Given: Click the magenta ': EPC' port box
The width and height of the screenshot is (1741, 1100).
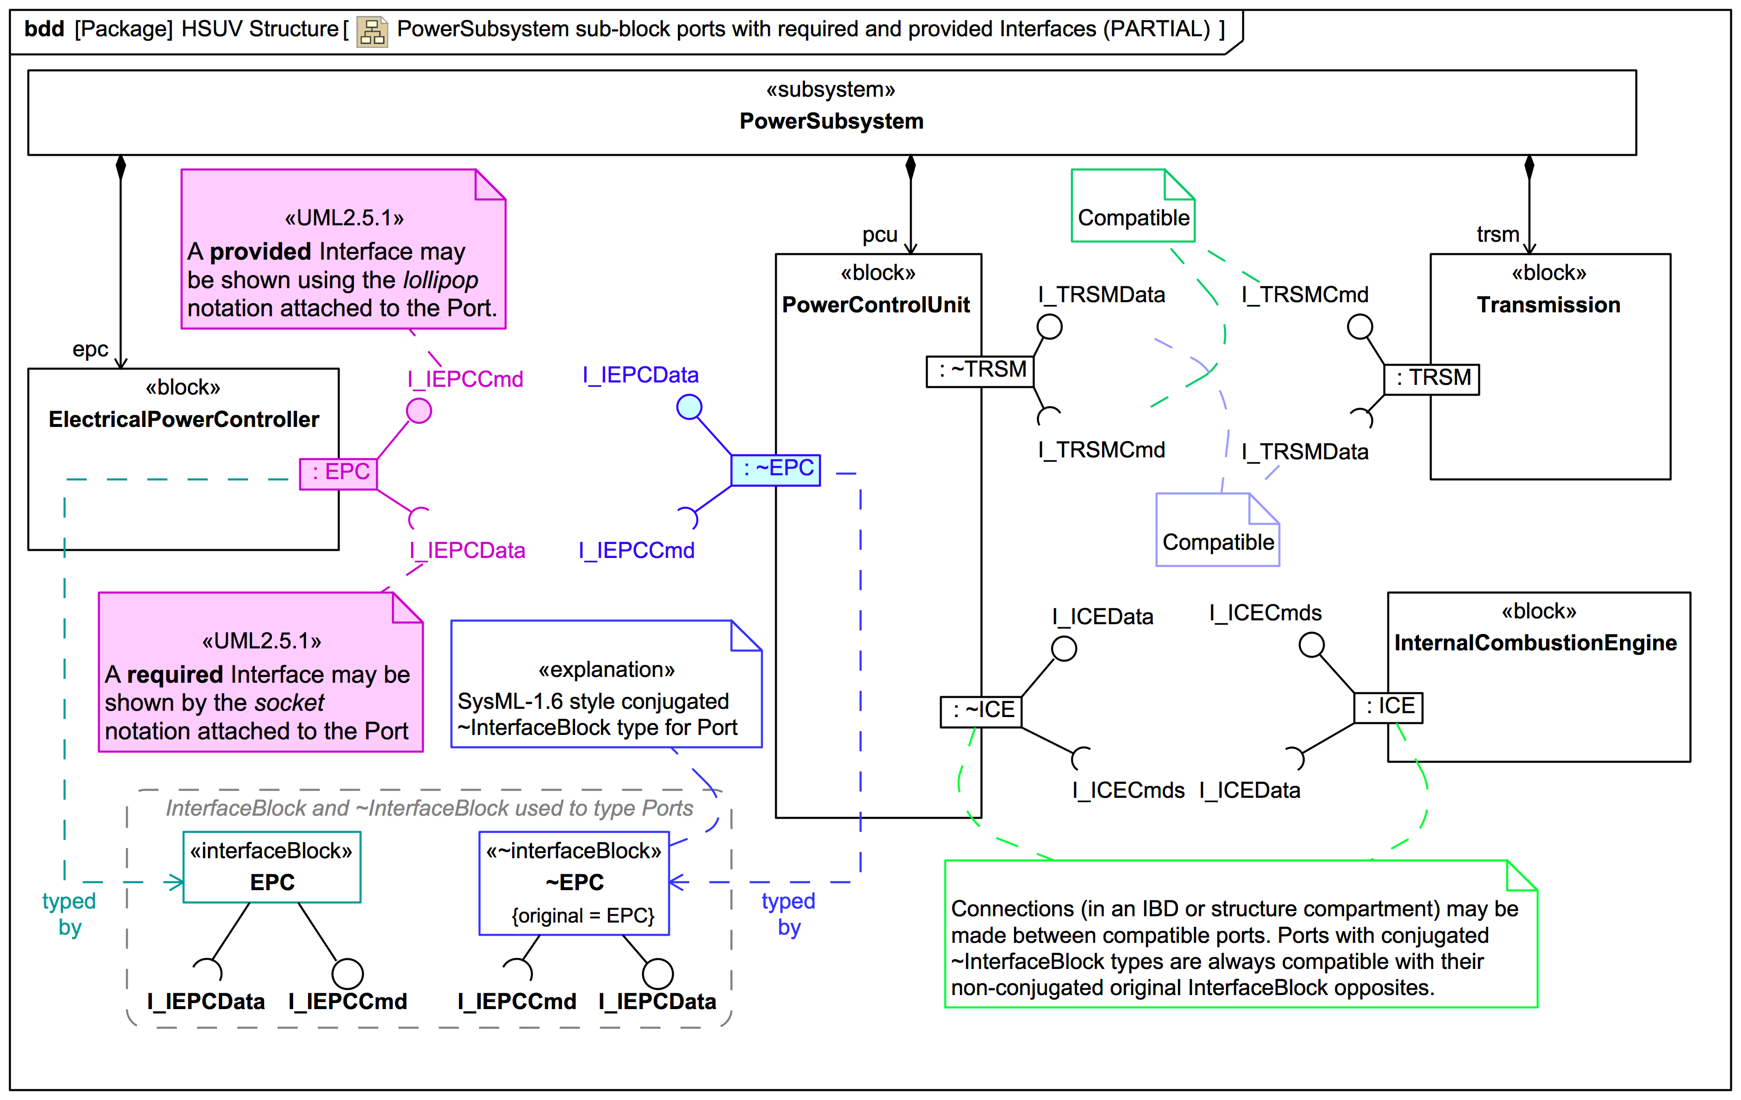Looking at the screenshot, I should tap(339, 473).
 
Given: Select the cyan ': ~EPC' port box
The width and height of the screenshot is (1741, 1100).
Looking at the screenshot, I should tap(776, 470).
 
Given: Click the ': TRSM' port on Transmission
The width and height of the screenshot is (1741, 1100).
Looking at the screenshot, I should tap(1431, 379).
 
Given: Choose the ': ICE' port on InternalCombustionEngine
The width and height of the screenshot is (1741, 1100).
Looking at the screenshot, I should tap(1388, 707).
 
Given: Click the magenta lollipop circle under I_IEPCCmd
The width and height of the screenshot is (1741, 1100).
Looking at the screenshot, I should tap(419, 411).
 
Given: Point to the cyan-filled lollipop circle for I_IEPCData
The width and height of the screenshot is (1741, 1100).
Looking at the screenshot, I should tap(689, 407).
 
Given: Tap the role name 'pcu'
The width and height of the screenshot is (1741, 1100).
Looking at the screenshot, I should tap(879, 235).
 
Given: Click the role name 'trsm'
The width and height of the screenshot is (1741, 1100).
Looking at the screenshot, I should tap(1497, 234).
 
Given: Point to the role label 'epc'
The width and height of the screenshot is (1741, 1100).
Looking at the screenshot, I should tap(90, 349).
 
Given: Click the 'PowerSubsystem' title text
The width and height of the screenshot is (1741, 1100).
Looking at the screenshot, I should tap(831, 121).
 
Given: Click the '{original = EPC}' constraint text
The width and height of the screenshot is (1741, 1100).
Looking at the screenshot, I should tap(583, 916).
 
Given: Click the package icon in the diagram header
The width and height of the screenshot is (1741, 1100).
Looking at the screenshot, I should tap(372, 31).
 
